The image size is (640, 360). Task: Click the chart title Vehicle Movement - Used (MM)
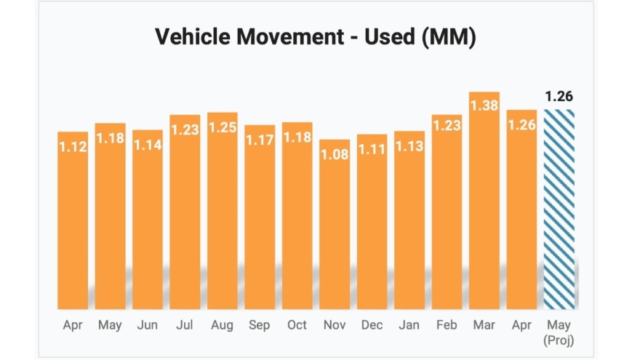tap(316, 38)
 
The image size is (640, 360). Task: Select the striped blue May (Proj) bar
tap(559, 211)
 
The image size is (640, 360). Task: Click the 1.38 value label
tap(484, 106)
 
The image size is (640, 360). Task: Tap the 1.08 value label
tap(335, 154)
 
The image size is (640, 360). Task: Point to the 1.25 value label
tap(223, 127)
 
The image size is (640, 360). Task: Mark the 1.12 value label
tap(73, 147)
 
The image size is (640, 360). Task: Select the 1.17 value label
tap(260, 140)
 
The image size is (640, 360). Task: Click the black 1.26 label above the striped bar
tap(559, 97)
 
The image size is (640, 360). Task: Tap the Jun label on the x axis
tap(148, 324)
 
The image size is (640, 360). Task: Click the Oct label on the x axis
tap(297, 324)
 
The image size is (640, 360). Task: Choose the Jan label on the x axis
tap(409, 324)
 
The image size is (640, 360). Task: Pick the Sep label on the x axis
tap(260, 324)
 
